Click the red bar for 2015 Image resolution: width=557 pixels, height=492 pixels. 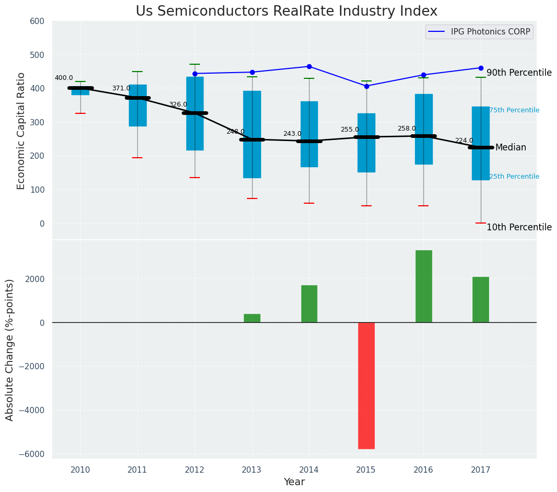pyautogui.click(x=366, y=385)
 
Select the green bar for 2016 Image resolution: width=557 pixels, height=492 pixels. pyautogui.click(x=423, y=286)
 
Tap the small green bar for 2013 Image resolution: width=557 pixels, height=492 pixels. pyautogui.click(x=252, y=318)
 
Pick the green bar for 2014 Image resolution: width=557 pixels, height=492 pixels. pyautogui.click(x=309, y=303)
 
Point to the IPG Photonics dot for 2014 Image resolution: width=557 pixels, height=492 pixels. pyautogui.click(x=309, y=66)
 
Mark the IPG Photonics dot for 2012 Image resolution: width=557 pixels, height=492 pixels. pyautogui.click(x=195, y=74)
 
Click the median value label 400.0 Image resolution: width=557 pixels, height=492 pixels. pyautogui.click(x=64, y=78)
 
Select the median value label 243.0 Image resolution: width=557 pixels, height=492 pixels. pyautogui.click(x=292, y=134)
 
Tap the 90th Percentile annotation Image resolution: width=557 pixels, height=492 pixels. pyautogui.click(x=519, y=73)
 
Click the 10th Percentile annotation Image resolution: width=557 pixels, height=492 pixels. pyautogui.click(x=519, y=228)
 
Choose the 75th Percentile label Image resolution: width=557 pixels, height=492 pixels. pyautogui.click(x=514, y=110)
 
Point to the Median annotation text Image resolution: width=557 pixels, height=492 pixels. pyautogui.click(x=511, y=148)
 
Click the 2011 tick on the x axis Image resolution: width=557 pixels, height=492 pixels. pyautogui.click(x=137, y=470)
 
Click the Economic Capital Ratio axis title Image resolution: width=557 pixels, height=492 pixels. pyautogui.click(x=21, y=131)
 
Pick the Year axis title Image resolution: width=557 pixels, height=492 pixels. pyautogui.click(x=294, y=482)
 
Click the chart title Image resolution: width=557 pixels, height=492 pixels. pyautogui.click(x=287, y=11)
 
